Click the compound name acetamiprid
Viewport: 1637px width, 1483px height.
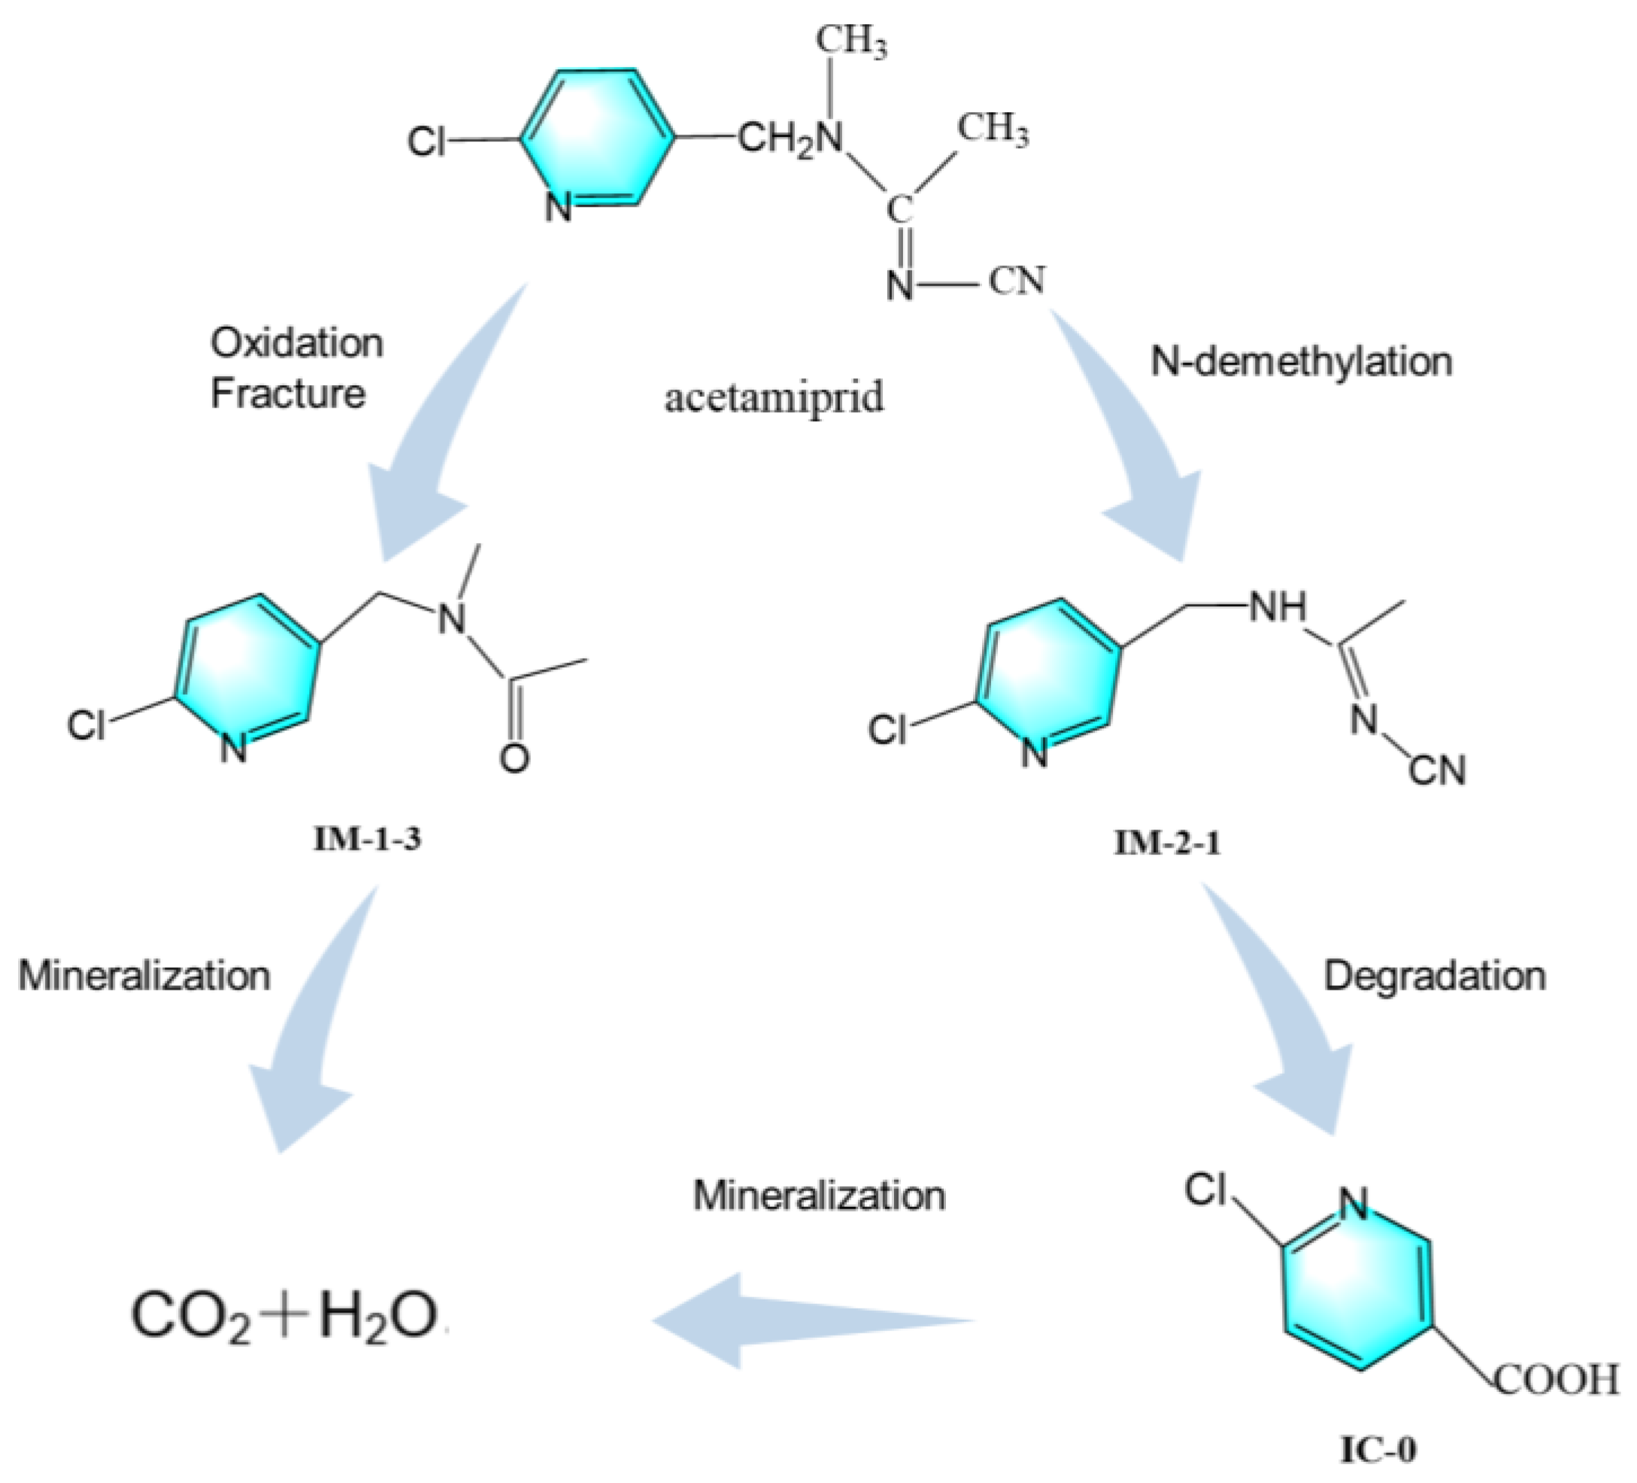coord(774,398)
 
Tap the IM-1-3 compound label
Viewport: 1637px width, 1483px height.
coord(367,839)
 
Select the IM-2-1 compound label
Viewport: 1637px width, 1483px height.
coord(1168,844)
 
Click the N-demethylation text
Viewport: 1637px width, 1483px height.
coord(1301,362)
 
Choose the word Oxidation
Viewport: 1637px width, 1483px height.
coord(296,343)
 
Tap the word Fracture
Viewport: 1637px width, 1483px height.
coord(287,394)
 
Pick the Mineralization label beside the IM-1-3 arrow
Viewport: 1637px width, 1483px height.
coord(144,975)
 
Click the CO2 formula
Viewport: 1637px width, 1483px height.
coord(191,1317)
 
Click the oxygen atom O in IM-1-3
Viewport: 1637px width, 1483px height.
coord(514,759)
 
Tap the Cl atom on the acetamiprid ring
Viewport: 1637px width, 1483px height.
coord(426,143)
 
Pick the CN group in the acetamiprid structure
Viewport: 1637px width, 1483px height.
coord(1017,282)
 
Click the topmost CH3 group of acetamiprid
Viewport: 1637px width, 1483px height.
coord(850,41)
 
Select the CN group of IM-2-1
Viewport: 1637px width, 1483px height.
coord(1437,770)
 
